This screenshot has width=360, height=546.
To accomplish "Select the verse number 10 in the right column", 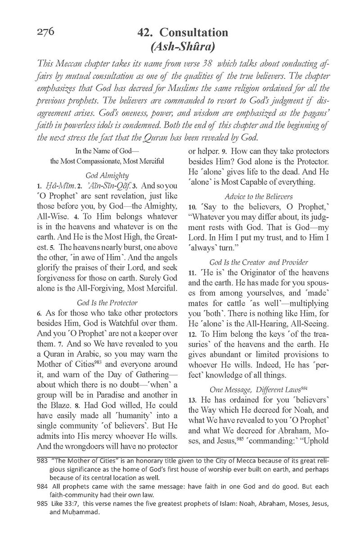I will [x=192, y=208].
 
